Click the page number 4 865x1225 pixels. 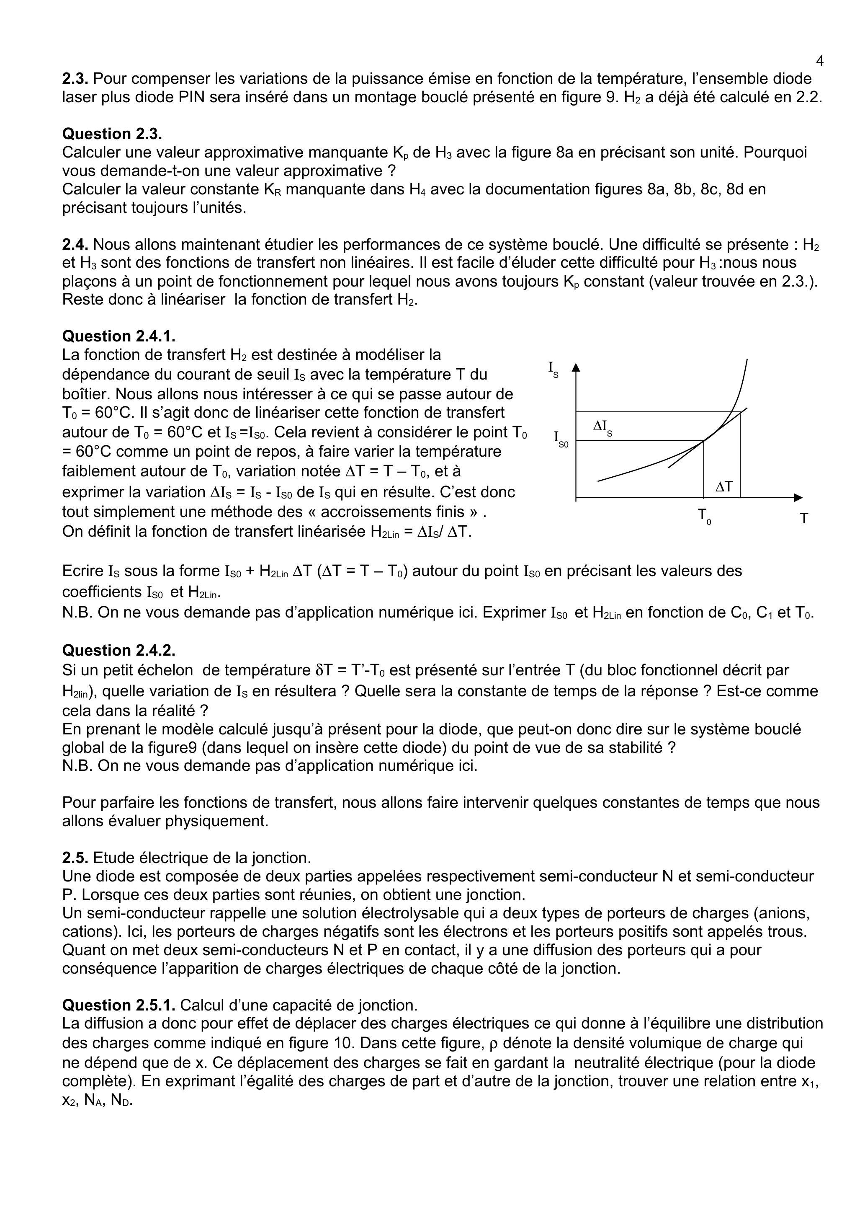pyautogui.click(x=820, y=61)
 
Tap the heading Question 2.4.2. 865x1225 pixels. pyautogui.click(x=118, y=650)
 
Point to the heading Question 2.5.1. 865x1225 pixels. pyautogui.click(x=118, y=1005)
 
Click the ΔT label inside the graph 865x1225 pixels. pyautogui.click(x=723, y=486)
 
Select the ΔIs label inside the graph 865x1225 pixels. pyautogui.click(x=602, y=426)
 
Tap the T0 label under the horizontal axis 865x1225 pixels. pyautogui.click(x=704, y=516)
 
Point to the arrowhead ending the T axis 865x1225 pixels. pyautogui.click(x=798, y=497)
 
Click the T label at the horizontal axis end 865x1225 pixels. pyautogui.click(x=804, y=518)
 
